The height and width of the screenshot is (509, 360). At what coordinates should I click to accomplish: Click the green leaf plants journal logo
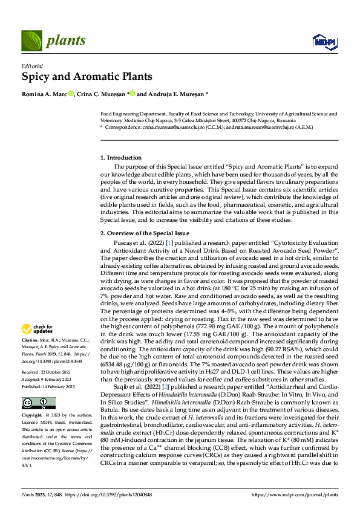pyautogui.click(x=33, y=41)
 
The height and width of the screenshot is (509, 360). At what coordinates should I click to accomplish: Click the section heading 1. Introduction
pyautogui.click(x=121, y=158)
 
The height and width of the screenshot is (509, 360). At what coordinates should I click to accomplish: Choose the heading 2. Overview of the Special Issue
pyautogui.click(x=145, y=233)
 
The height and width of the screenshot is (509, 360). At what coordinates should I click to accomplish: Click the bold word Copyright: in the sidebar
pyautogui.click(x=32, y=398)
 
